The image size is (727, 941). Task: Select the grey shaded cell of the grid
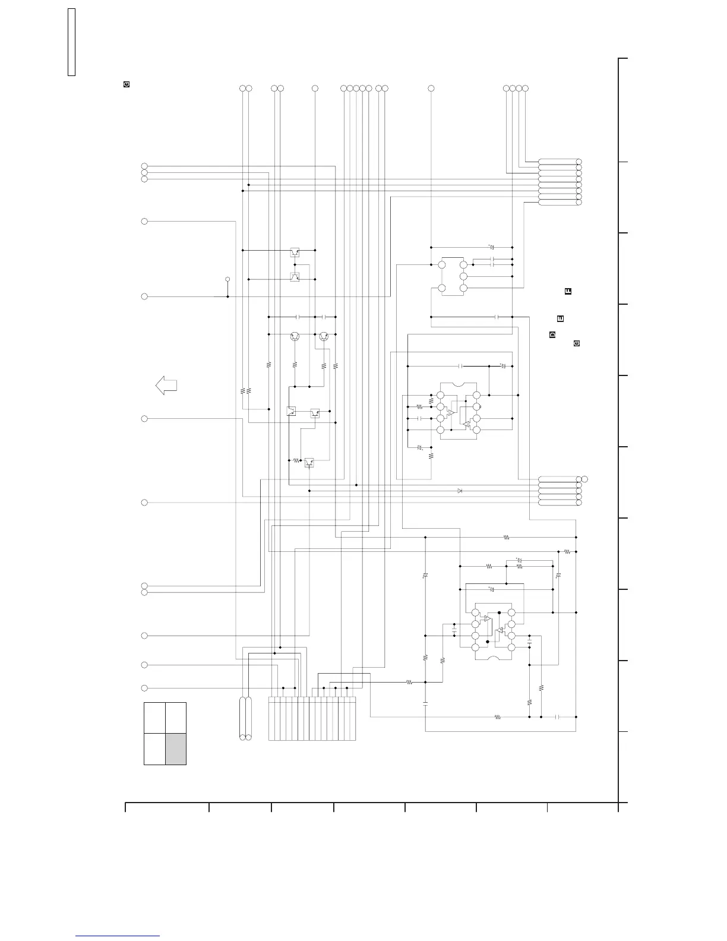pyautogui.click(x=176, y=749)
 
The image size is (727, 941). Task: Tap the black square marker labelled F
pyautogui.click(x=568, y=291)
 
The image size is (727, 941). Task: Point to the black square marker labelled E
pyautogui.click(x=560, y=319)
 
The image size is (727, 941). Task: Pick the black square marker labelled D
pyautogui.click(x=552, y=335)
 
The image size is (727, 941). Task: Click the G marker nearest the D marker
pyautogui.click(x=576, y=343)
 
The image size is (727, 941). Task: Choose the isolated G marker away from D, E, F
pyautogui.click(x=126, y=84)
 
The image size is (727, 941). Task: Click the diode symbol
pyautogui.click(x=460, y=491)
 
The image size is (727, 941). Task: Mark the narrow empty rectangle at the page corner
pyautogui.click(x=71, y=42)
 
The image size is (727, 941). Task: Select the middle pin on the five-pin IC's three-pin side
pyautogui.click(x=464, y=276)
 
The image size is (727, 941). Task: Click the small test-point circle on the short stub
pyautogui.click(x=227, y=279)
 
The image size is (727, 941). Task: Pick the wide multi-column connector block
pyautogui.click(x=312, y=719)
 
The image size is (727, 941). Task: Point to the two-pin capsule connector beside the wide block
pyautogui.click(x=245, y=719)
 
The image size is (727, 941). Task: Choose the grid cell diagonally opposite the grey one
pyautogui.click(x=154, y=718)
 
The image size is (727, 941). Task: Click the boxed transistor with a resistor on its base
pyautogui.click(x=309, y=462)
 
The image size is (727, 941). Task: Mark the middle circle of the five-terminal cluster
pyautogui.click(x=356, y=89)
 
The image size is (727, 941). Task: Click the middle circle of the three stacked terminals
pyautogui.click(x=144, y=172)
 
